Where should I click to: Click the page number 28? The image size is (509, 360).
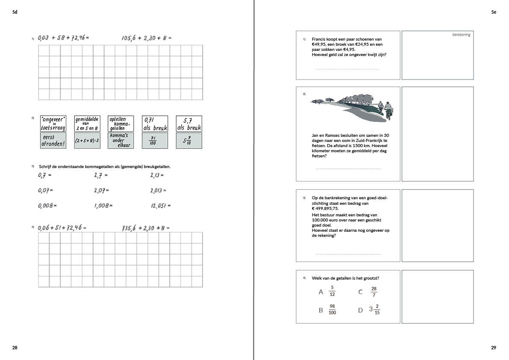coord(15,348)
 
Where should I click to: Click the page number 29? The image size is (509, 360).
coord(494,348)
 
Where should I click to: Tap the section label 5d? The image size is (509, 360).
coord(15,12)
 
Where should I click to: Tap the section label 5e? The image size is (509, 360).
coord(494,12)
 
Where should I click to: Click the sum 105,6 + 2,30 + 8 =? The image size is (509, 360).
coord(146,38)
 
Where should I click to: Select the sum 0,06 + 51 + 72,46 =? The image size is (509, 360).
coord(62,228)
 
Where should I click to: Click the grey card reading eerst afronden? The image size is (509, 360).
coord(53,141)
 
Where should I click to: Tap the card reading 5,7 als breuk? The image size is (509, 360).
coord(189,124)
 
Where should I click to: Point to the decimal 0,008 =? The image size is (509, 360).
coord(47,206)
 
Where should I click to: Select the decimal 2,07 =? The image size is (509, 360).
coord(102,190)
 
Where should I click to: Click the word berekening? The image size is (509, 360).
coord(461,35)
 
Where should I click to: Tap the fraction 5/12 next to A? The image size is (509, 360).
coord(332,291)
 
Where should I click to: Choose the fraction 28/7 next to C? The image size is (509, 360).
coord(374,292)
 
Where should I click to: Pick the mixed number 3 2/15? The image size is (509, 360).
coord(374,310)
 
